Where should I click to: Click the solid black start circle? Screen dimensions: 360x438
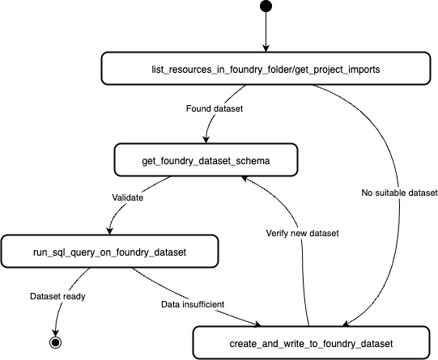(265, 7)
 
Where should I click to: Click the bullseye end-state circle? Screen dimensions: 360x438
(56, 342)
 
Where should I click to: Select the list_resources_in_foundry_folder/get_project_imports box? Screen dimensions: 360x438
(265, 69)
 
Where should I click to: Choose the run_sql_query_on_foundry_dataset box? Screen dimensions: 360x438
(109, 252)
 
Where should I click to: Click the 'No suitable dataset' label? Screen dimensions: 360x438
(399, 193)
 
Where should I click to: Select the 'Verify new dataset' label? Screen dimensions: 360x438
(301, 233)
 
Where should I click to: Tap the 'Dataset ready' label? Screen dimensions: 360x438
(57, 296)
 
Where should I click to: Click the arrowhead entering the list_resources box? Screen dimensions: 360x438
(265, 49)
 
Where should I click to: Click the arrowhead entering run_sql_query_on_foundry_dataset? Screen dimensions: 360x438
(110, 231)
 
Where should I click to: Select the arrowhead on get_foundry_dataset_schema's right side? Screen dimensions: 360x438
(248, 178)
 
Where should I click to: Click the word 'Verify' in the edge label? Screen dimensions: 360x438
(280, 233)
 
